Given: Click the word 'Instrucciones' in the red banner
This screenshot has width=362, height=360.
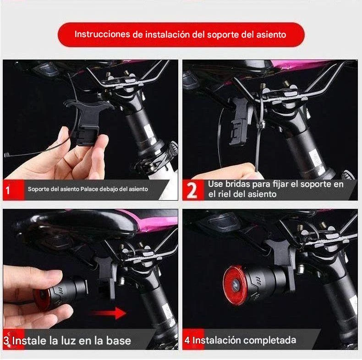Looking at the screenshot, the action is coord(102,34).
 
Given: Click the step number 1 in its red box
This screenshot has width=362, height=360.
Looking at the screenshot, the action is coord(8,191).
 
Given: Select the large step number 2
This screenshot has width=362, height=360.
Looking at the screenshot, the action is coord(192,190).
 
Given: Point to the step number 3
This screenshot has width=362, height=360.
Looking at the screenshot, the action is coord(7,341).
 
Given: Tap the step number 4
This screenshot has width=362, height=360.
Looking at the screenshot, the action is coord(187,340).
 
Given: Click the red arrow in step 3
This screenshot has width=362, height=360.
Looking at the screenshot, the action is coord(108,313).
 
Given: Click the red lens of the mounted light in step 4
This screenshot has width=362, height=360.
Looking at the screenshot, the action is coord(233,285).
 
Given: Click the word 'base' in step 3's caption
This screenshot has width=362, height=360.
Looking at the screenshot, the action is coord(118,341).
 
